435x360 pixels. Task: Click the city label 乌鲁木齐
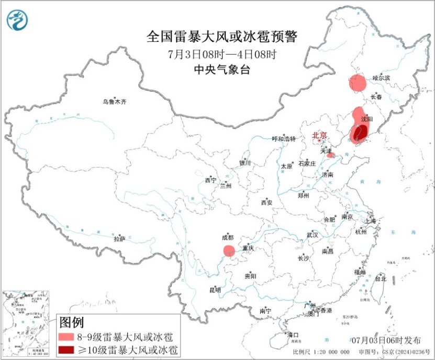pyautogui.click(x=114, y=102)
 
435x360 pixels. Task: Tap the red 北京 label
pyautogui.click(x=319, y=136)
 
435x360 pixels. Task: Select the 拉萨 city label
pyautogui.click(x=119, y=239)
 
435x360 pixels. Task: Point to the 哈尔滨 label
pyautogui.click(x=382, y=78)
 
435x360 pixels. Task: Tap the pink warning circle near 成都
pyautogui.click(x=229, y=250)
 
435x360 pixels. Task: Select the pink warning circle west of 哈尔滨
pyautogui.click(x=358, y=83)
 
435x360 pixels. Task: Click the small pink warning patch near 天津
pyautogui.click(x=330, y=155)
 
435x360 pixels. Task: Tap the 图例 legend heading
pyautogui.click(x=71, y=321)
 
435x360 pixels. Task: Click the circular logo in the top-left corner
pyautogui.click(x=18, y=19)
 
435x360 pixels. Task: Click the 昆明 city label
pyautogui.click(x=215, y=290)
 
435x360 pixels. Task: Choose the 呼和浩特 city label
pyautogui.click(x=284, y=139)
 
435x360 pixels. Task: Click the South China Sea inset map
pyautogui.click(x=28, y=320)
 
